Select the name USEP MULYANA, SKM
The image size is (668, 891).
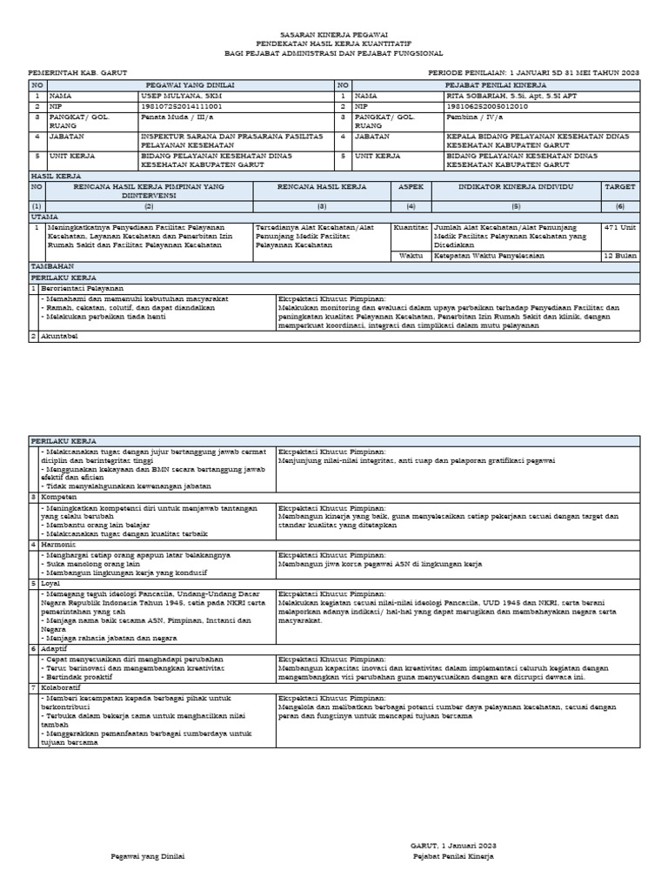tap(176, 96)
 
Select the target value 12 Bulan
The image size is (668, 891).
tap(621, 257)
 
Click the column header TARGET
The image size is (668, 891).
tap(620, 187)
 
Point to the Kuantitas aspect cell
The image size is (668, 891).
tap(411, 225)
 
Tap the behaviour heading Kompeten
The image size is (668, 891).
tap(58, 496)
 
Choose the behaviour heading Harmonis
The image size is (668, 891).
tap(59, 544)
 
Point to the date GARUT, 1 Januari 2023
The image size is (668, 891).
tap(453, 845)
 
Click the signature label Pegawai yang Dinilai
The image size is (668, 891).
tap(148, 856)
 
